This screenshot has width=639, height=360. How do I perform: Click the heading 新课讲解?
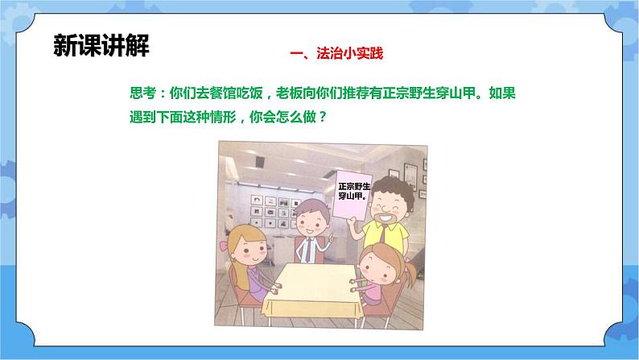pos(101,45)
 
